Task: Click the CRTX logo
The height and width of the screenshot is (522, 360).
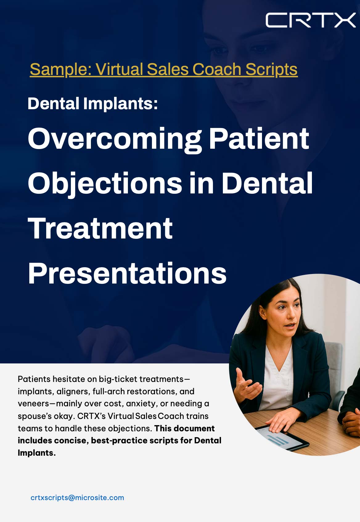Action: point(310,20)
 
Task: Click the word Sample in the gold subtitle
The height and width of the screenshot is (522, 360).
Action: point(60,70)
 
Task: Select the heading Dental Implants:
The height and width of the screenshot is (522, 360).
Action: point(93,103)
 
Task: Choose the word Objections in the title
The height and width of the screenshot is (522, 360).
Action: point(105,184)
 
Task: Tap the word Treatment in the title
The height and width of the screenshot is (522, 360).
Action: point(100,228)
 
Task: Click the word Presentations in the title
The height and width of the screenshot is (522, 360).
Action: point(127,273)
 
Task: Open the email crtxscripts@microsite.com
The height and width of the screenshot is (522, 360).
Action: point(77,498)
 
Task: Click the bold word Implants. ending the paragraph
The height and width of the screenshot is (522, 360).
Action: point(37,453)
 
